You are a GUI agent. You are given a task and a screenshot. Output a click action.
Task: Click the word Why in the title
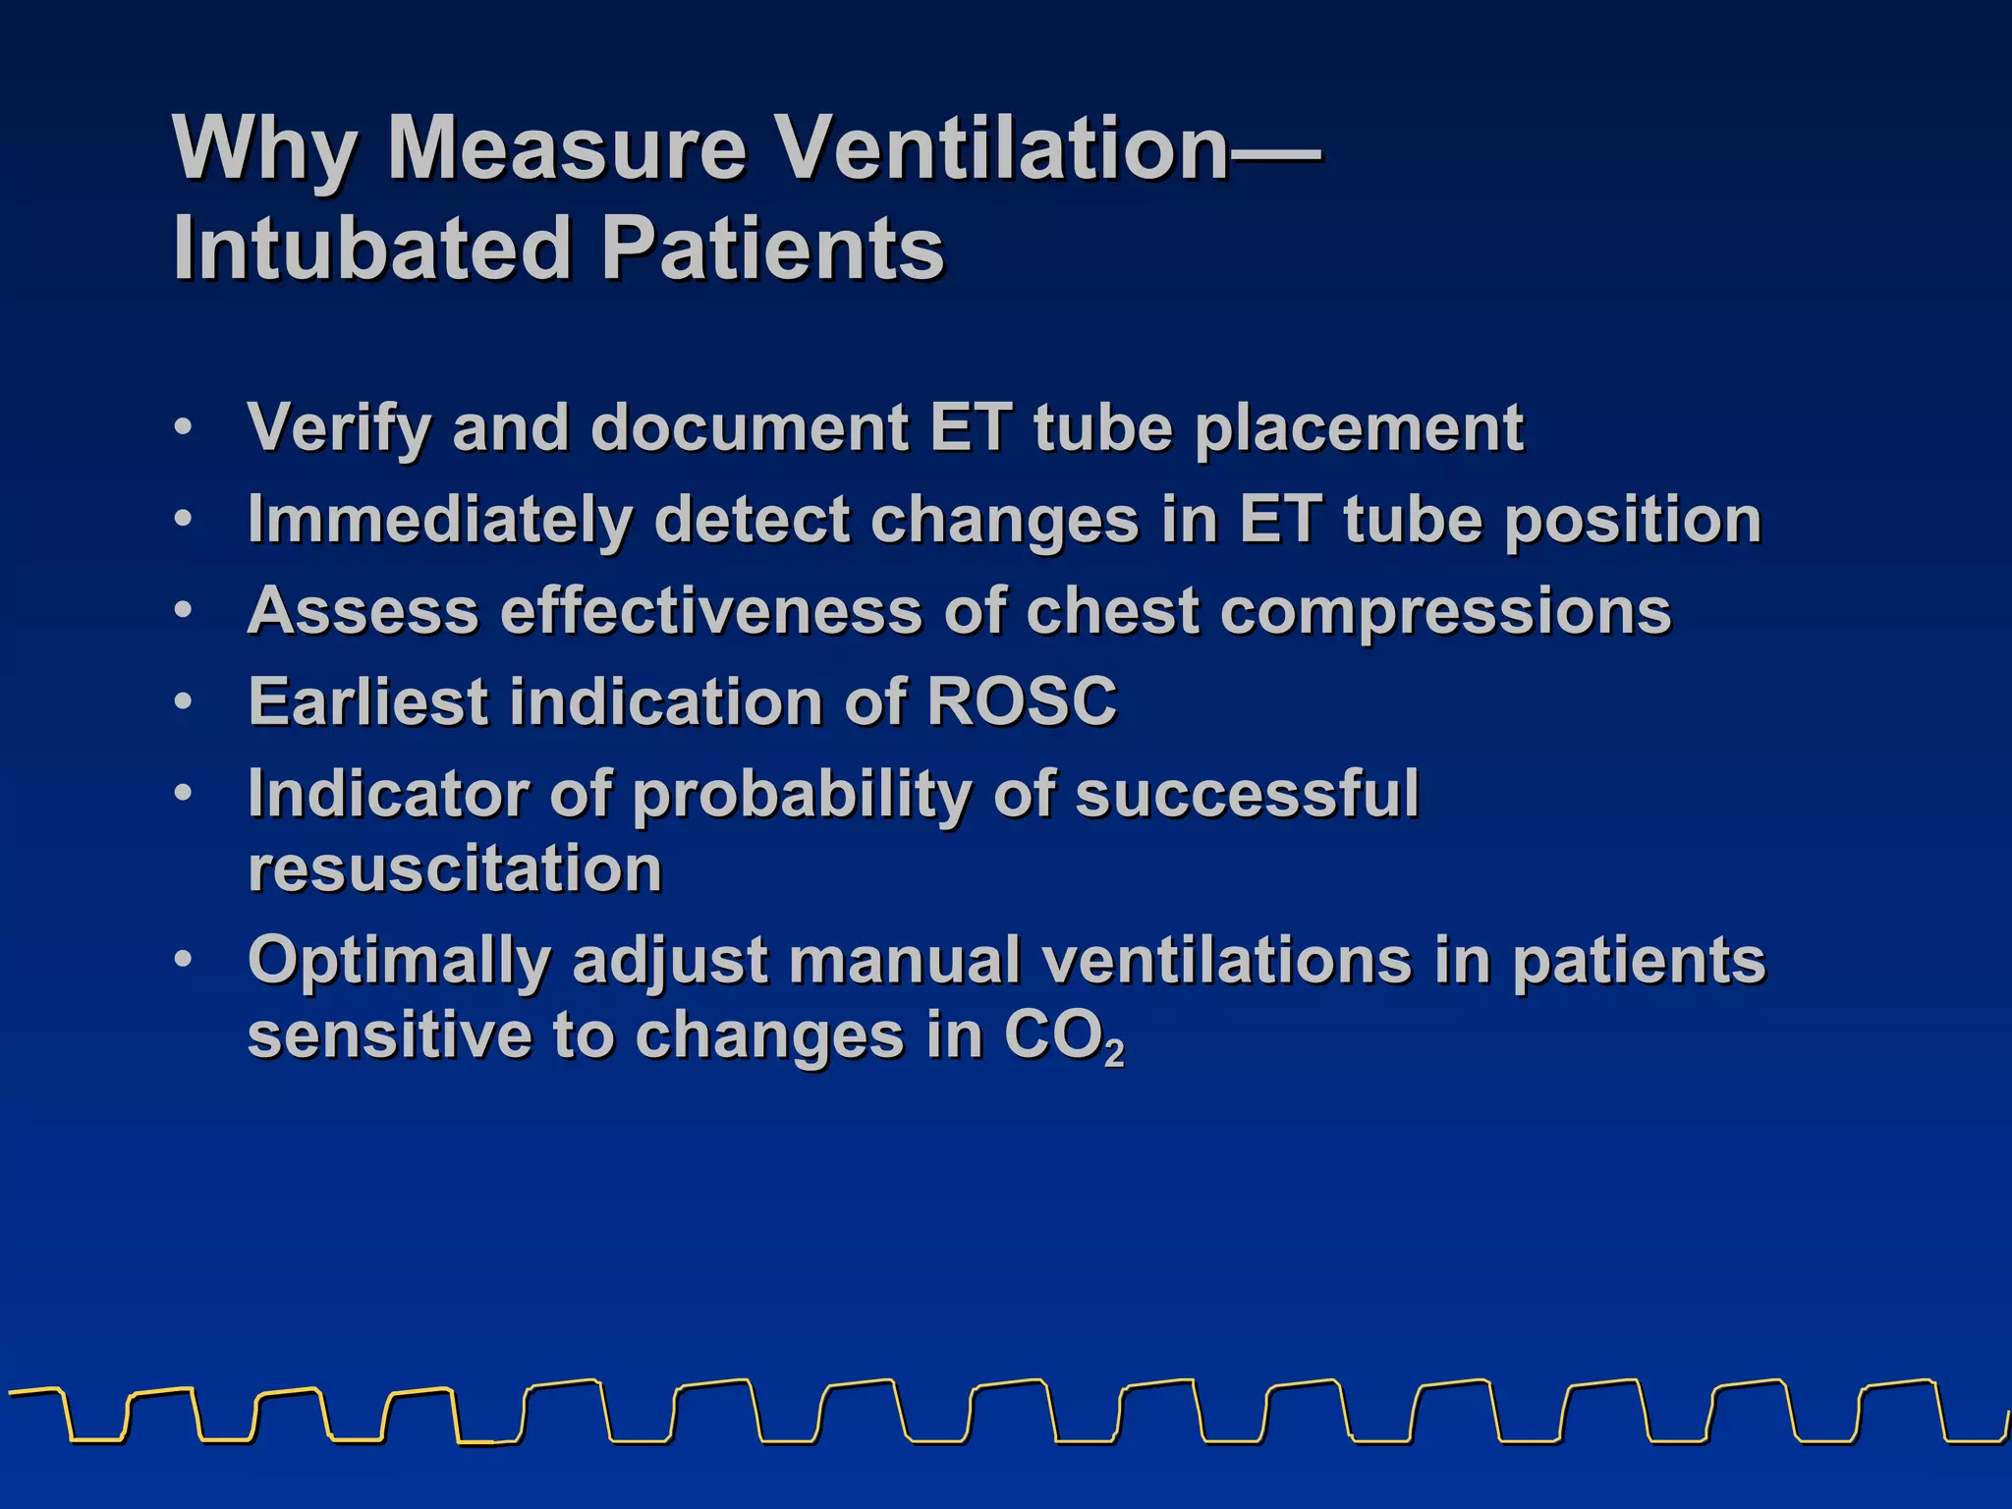click(263, 149)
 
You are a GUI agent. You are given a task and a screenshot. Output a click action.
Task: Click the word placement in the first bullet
click(1359, 428)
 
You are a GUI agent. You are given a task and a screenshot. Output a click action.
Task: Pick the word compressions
click(1445, 612)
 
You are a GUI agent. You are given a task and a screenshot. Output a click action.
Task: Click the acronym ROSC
click(1022, 701)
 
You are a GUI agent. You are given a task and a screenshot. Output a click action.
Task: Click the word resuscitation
click(455, 868)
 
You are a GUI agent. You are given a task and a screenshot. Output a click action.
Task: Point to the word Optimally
click(399, 961)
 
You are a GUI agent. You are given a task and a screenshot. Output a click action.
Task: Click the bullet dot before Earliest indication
click(183, 701)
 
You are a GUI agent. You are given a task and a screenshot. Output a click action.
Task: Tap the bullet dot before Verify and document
click(183, 428)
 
